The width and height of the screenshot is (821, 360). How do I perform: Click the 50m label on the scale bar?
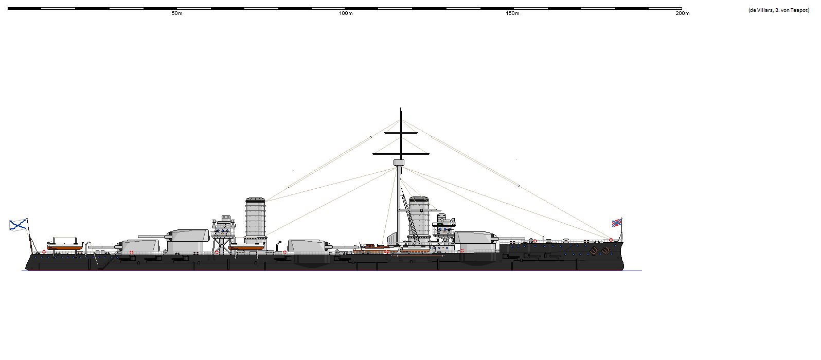click(x=177, y=13)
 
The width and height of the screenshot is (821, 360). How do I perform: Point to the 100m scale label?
click(x=346, y=13)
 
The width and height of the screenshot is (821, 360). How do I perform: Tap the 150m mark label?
click(x=512, y=13)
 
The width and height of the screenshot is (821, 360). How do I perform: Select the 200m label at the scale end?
click(x=682, y=13)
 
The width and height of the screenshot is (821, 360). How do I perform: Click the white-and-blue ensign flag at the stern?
click(x=18, y=225)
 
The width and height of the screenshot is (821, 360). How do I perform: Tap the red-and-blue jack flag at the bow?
click(x=617, y=222)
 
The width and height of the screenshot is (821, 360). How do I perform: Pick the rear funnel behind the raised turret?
click(x=255, y=218)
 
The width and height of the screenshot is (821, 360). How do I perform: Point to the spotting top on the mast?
click(x=399, y=163)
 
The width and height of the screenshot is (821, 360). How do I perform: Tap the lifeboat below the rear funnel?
click(x=247, y=247)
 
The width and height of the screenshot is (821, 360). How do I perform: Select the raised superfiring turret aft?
click(x=188, y=236)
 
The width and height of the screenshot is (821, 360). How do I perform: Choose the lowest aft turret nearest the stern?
click(x=139, y=246)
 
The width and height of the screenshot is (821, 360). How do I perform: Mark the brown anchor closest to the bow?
click(x=606, y=250)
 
